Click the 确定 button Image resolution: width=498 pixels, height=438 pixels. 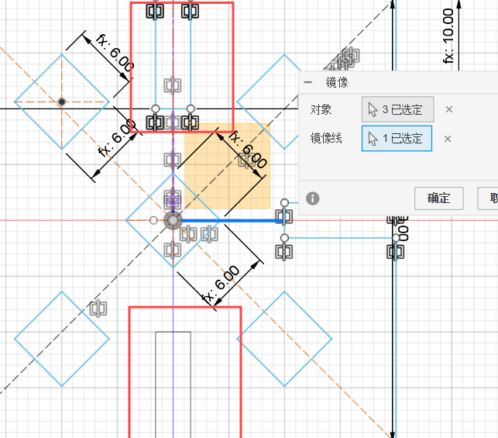click(x=438, y=198)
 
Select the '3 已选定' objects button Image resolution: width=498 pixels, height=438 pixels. click(x=397, y=109)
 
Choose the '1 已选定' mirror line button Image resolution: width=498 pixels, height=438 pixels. click(x=397, y=139)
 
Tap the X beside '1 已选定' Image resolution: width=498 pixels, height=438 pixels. click(x=447, y=139)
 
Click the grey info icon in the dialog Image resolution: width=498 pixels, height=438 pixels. click(x=313, y=198)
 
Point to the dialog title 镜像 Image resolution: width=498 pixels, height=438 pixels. click(x=337, y=82)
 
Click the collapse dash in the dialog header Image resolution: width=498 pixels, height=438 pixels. click(x=308, y=82)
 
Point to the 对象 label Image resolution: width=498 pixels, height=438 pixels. click(x=320, y=109)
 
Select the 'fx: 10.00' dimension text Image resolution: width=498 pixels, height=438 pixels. click(x=448, y=35)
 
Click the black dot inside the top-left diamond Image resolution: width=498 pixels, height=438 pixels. click(x=62, y=102)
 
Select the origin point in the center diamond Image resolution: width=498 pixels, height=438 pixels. click(x=173, y=220)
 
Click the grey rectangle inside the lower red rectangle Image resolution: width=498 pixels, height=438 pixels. click(x=173, y=380)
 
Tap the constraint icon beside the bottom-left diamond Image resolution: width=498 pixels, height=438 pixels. click(x=98, y=309)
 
